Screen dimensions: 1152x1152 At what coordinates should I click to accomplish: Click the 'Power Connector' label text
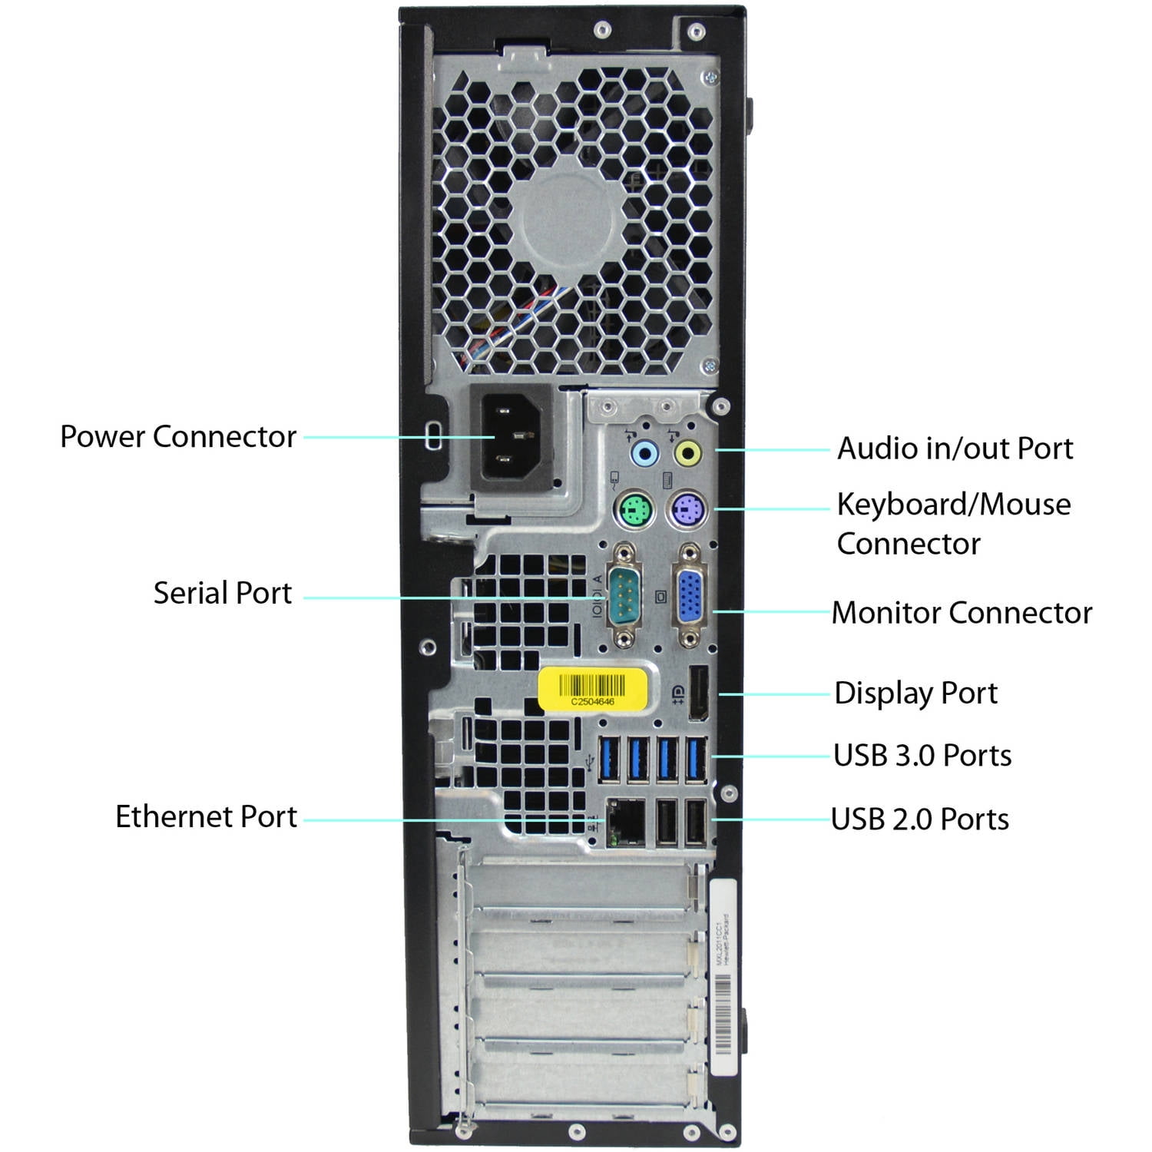(x=178, y=436)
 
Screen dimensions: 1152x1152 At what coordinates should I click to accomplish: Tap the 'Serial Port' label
(x=222, y=593)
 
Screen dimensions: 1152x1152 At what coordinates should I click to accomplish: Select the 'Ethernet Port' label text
(x=206, y=816)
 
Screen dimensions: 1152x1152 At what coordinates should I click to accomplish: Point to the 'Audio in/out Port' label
(x=955, y=449)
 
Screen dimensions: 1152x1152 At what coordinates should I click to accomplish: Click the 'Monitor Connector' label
(x=962, y=613)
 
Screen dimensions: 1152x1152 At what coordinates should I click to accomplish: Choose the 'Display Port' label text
(x=915, y=693)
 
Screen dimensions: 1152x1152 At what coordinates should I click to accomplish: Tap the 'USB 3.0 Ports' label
(x=922, y=756)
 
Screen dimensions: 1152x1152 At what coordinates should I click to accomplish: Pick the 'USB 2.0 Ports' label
(x=920, y=819)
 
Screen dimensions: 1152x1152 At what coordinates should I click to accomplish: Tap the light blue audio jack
(x=644, y=453)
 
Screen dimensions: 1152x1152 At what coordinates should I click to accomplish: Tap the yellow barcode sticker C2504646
(x=593, y=687)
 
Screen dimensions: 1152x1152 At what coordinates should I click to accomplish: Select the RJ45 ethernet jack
(x=626, y=822)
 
